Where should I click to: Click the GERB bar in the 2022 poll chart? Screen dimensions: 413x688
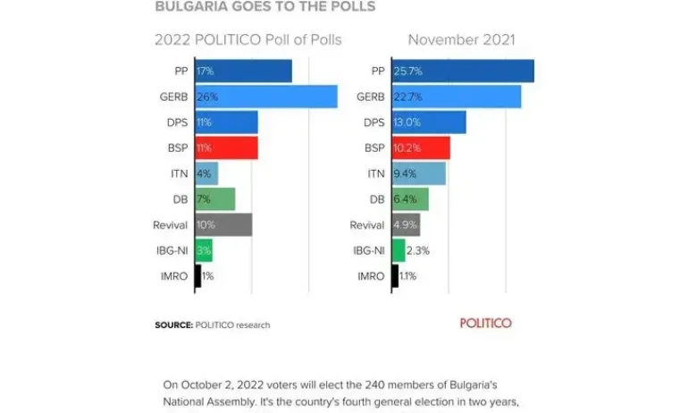pyautogui.click(x=265, y=97)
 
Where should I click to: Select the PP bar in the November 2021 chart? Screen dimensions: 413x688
pyautogui.click(x=462, y=71)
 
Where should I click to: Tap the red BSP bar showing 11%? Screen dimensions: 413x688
pyautogui.click(x=225, y=148)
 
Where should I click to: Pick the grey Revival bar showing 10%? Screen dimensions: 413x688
pyautogui.click(x=222, y=225)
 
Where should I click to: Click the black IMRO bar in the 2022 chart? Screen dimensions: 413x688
pyautogui.click(x=197, y=276)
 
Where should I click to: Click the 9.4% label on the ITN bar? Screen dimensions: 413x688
pyautogui.click(x=407, y=174)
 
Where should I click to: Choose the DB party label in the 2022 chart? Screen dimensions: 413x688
pyautogui.click(x=180, y=199)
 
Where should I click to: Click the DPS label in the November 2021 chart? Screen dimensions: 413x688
pyautogui.click(x=375, y=122)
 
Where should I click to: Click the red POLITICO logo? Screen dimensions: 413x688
pyautogui.click(x=485, y=323)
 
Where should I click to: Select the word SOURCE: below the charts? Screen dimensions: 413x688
pyautogui.click(x=173, y=325)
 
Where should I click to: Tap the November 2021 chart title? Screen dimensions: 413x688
pyautogui.click(x=461, y=39)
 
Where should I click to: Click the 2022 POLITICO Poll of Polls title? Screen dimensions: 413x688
pyautogui.click(x=248, y=39)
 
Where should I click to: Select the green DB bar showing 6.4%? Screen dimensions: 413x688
pyautogui.click(x=410, y=199)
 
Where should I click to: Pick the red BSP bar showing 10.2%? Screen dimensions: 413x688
pyautogui.click(x=420, y=148)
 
